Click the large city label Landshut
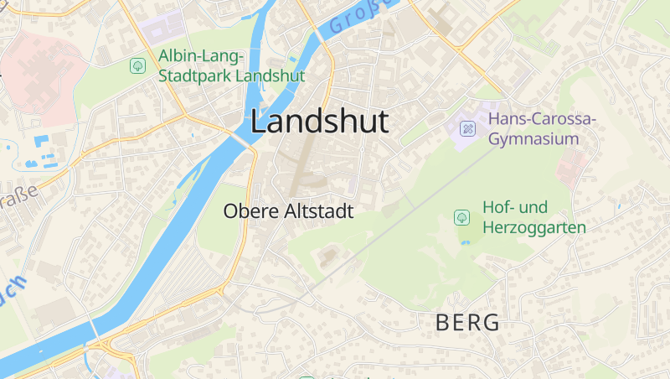click(319, 122)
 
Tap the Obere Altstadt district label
click(288, 212)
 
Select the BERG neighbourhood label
click(467, 322)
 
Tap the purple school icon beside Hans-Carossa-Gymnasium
click(468, 129)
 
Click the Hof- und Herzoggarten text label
click(533, 216)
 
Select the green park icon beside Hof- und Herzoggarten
click(461, 217)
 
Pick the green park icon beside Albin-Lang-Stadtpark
click(137, 65)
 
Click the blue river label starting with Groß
click(362, 17)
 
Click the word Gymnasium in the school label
click(533, 138)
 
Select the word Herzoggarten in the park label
click(533, 227)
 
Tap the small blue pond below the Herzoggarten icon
click(465, 242)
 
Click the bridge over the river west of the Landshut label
click(240, 139)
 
